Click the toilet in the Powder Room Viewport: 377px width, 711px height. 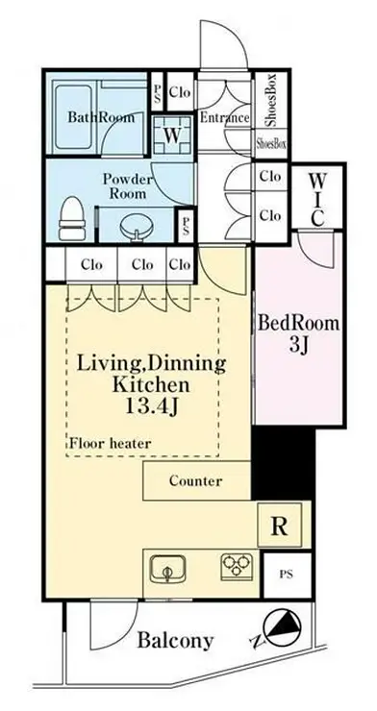(72, 218)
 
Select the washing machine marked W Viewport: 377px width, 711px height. (172, 135)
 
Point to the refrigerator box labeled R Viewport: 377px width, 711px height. (280, 525)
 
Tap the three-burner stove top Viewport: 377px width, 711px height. (237, 566)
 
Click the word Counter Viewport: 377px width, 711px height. (196, 480)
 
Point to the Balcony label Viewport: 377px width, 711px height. (175, 641)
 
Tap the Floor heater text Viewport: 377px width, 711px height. (111, 443)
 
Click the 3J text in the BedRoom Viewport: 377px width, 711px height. (299, 346)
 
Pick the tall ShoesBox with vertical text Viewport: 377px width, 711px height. (271, 100)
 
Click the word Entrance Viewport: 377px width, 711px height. (225, 118)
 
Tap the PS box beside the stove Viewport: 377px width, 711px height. (286, 575)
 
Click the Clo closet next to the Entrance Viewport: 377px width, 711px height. (180, 92)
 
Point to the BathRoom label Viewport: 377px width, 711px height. (101, 117)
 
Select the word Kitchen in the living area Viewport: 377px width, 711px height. (151, 385)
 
